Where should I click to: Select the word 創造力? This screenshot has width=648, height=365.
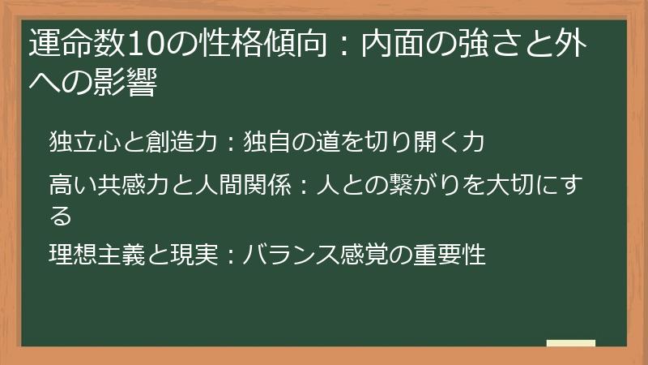pyautogui.click(x=186, y=143)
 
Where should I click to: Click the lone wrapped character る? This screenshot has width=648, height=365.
pyautogui.click(x=61, y=215)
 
